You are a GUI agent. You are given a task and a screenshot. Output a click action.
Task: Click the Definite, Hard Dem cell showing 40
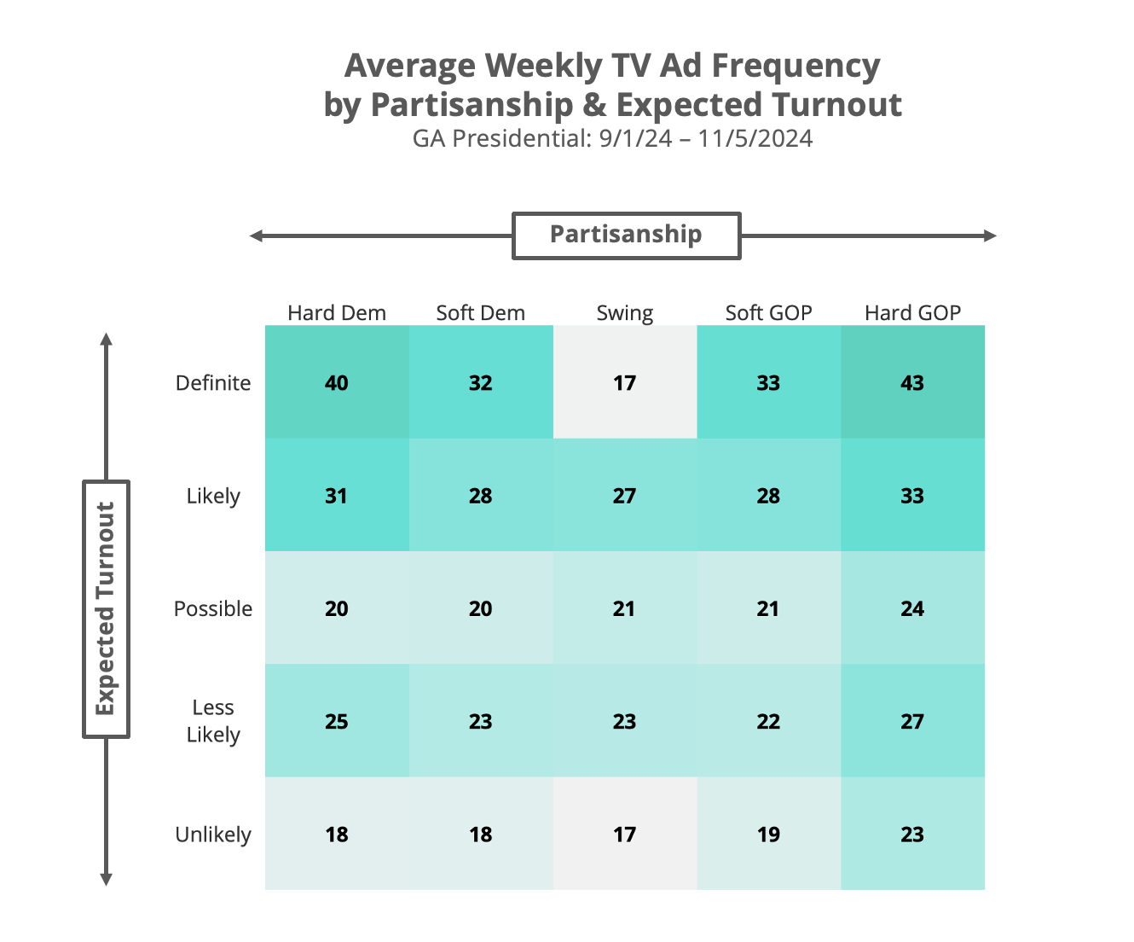337,382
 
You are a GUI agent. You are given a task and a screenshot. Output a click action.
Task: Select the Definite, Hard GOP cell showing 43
912,382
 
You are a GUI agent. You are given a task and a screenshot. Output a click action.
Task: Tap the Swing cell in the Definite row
624,382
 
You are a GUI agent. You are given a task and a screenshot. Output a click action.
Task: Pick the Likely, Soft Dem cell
480,496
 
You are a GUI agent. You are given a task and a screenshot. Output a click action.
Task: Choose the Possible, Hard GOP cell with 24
912,608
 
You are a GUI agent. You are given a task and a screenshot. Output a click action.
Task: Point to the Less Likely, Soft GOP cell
768,721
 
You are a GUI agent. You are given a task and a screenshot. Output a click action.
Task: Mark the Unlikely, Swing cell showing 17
624,834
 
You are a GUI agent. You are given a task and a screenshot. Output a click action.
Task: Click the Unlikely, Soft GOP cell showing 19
768,834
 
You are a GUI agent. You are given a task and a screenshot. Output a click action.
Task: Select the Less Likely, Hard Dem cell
337,721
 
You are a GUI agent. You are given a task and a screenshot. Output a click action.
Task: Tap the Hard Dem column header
337,313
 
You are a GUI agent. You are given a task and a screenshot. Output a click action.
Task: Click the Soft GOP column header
768,313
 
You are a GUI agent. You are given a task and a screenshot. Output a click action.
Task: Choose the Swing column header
624,313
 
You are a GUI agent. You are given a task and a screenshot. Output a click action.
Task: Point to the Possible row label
213,608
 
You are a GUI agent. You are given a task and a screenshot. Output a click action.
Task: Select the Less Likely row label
213,721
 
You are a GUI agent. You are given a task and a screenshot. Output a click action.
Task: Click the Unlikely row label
213,834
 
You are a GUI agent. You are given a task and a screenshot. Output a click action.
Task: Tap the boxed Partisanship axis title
626,235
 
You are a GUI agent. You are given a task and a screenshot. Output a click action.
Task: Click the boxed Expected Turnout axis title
106,608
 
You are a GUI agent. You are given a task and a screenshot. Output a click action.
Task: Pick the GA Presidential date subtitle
612,138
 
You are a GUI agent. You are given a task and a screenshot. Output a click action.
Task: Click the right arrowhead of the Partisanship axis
991,235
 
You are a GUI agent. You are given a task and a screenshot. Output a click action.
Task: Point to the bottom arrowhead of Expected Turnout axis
107,880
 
